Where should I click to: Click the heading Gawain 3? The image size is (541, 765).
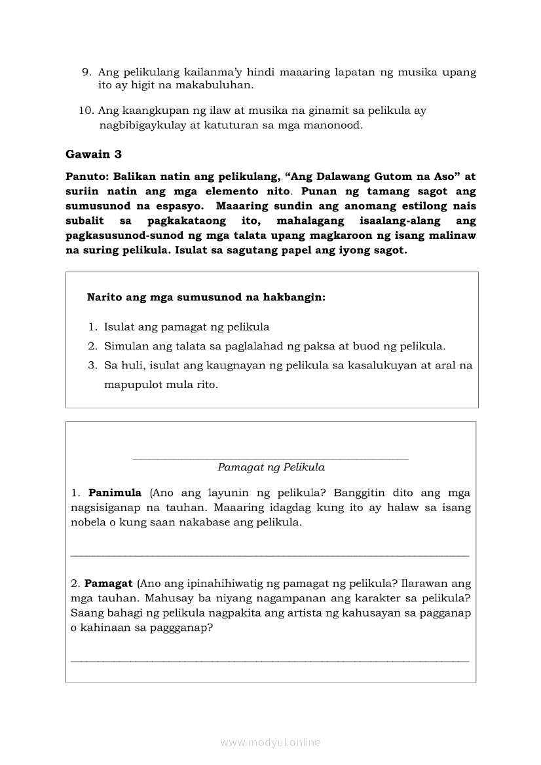[94, 154]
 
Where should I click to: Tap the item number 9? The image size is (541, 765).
[85, 72]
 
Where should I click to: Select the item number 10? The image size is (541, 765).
[85, 111]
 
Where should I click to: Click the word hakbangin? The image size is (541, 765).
[294, 297]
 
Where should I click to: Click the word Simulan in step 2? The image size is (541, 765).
[124, 346]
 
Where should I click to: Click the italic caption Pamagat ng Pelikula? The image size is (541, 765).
[271, 468]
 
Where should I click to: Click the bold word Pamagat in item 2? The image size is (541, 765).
[108, 583]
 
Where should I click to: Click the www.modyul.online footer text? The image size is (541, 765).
[270, 742]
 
